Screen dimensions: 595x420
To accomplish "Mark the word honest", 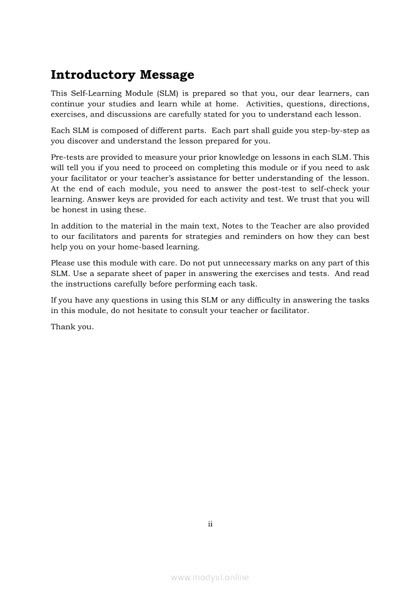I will pos(73,209).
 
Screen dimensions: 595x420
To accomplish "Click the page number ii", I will pos(210,524).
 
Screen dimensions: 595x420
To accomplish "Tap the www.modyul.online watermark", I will pos(210,578).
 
